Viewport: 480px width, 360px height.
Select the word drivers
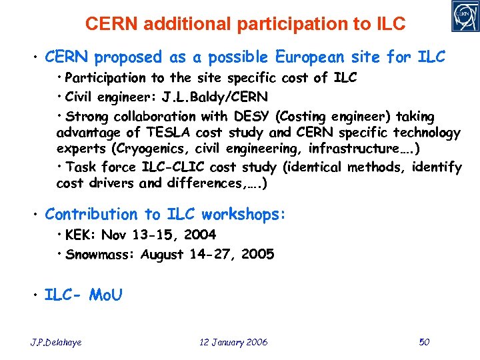[x=112, y=183]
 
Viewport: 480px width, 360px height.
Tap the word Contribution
[x=90, y=215]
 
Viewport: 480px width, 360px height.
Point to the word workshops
[x=244, y=215]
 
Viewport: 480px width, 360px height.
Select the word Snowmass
[x=101, y=254]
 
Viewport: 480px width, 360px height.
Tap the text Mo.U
[x=105, y=295]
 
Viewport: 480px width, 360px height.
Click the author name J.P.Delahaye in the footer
[x=57, y=342]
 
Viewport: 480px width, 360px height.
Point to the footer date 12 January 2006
[x=233, y=342]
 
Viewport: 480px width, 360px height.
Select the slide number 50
[x=424, y=342]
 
